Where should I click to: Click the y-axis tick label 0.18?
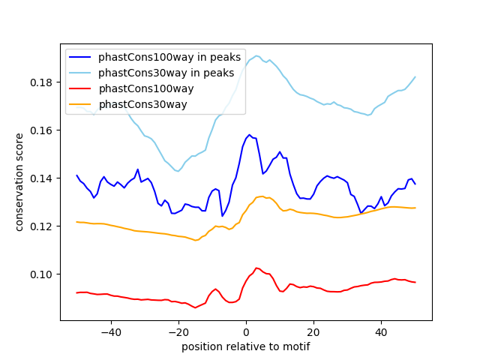40,82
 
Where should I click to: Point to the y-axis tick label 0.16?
40,130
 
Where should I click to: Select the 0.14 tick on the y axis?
40,178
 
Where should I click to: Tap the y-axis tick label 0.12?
40,226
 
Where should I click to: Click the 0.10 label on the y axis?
40,274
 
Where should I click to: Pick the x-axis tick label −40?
111,332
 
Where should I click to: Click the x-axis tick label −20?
178,332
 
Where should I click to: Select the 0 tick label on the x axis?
246,332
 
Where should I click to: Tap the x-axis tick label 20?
313,332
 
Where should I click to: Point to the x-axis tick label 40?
382,332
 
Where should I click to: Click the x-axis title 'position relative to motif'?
246,346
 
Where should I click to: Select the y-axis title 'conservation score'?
19,182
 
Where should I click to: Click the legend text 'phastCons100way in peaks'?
169,57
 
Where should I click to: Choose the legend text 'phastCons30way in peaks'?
166,73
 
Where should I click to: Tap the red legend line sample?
80,88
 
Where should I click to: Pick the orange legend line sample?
80,104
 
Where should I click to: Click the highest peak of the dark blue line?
249,135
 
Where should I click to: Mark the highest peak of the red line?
256,268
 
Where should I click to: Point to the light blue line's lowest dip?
178,171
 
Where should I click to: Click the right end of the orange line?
415,208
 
